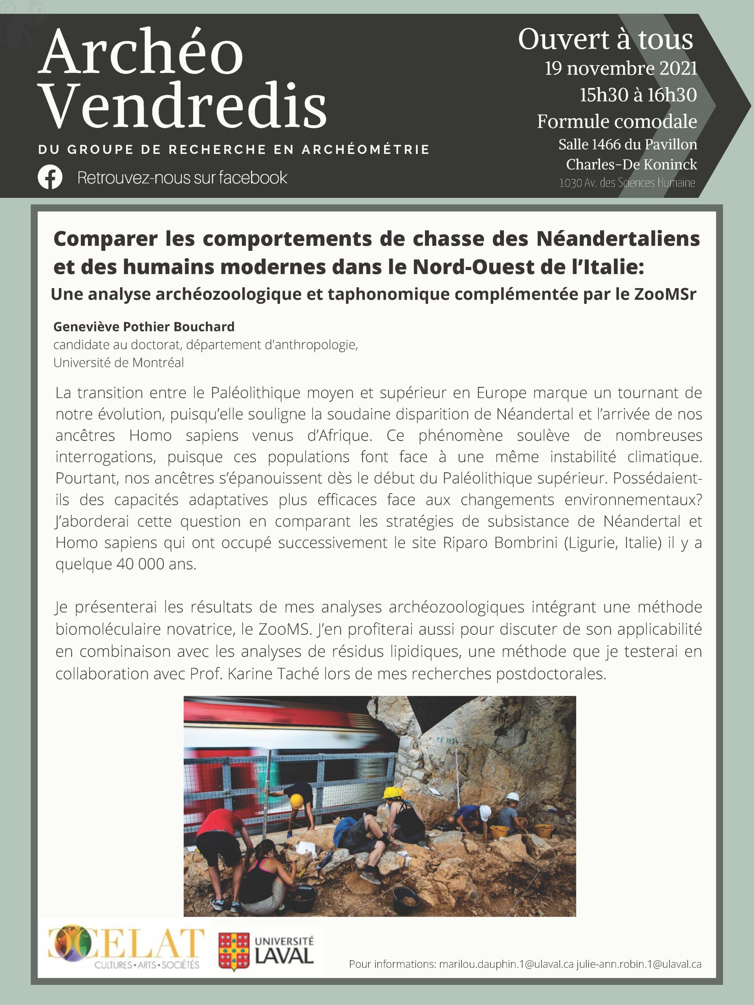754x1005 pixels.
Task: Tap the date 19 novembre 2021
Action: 621,69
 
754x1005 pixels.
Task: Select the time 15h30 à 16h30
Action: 638,95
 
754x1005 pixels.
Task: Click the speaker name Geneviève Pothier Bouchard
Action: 144,327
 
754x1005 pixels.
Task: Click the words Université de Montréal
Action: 119,363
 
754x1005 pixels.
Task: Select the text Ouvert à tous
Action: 606,40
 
